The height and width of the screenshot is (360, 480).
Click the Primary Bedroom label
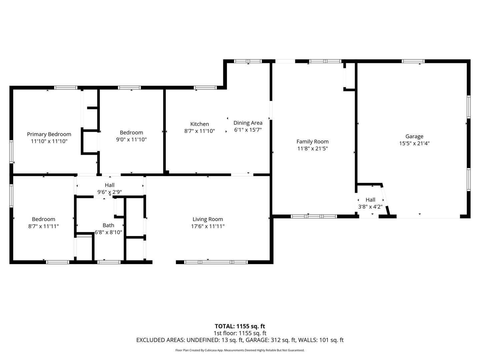click(x=49, y=134)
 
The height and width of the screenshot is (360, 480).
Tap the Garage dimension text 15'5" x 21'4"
click(x=414, y=143)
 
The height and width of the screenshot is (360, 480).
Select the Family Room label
click(x=312, y=142)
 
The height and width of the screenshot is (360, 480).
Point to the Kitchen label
click(x=199, y=124)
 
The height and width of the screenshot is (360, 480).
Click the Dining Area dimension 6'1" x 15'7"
click(x=248, y=130)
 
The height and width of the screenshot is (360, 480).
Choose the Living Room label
click(x=208, y=219)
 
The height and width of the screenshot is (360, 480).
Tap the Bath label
click(x=108, y=225)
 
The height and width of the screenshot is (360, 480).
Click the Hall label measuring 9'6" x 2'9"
click(x=110, y=185)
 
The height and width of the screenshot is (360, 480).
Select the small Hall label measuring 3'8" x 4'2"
click(x=370, y=200)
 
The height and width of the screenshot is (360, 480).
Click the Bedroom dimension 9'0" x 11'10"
click(x=131, y=139)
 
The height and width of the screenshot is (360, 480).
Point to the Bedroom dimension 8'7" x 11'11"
click(x=44, y=226)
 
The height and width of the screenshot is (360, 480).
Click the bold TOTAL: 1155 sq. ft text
click(x=240, y=326)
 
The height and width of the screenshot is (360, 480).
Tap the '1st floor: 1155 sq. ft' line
click(x=240, y=333)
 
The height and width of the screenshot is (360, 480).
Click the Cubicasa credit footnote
click(x=240, y=350)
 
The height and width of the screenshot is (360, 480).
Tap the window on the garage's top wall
click(x=413, y=61)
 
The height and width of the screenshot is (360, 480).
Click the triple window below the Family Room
click(x=314, y=216)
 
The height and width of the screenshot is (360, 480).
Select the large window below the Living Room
click(x=216, y=262)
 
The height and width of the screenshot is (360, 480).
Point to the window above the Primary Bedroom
click(x=66, y=88)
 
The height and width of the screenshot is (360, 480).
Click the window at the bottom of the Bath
click(x=109, y=262)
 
